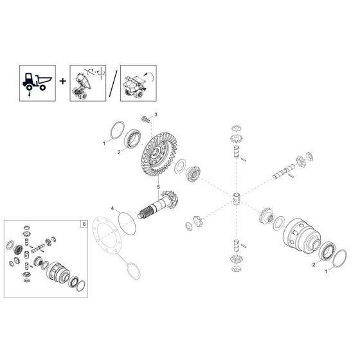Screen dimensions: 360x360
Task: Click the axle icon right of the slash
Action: pyautogui.click(x=134, y=84)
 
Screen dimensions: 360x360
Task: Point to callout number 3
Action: pyautogui.click(x=154, y=114)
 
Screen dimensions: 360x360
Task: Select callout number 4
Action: pyautogui.click(x=112, y=208)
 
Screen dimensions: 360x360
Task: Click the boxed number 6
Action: pyautogui.click(x=82, y=224)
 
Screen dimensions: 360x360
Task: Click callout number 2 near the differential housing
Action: pyautogui.click(x=314, y=265)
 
